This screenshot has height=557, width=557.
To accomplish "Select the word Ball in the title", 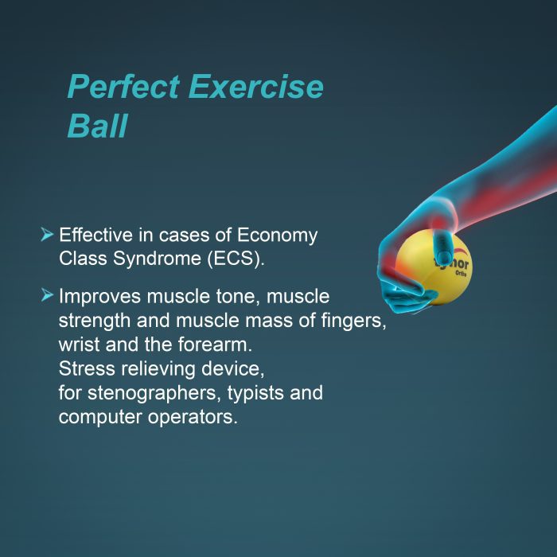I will pos(96,127).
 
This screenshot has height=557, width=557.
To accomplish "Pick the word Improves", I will pos(99,297).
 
